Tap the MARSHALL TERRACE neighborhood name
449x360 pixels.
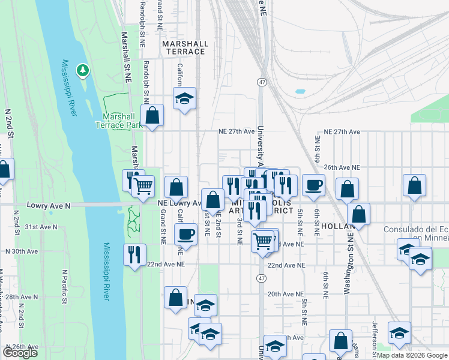tap(185, 48)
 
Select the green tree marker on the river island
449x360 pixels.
tap(83, 71)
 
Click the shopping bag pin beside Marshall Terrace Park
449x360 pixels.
tap(152, 115)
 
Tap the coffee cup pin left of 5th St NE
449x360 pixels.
tap(313, 185)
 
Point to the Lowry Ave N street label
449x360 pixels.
tap(49, 206)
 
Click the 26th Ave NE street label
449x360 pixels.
tap(342, 167)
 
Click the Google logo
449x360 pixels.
tap(20, 353)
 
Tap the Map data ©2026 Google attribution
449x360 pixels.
tap(412, 356)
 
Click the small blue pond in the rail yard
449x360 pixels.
tap(300, 92)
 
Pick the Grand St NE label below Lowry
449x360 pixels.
tap(163, 227)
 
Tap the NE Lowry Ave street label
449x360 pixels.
tap(179, 203)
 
